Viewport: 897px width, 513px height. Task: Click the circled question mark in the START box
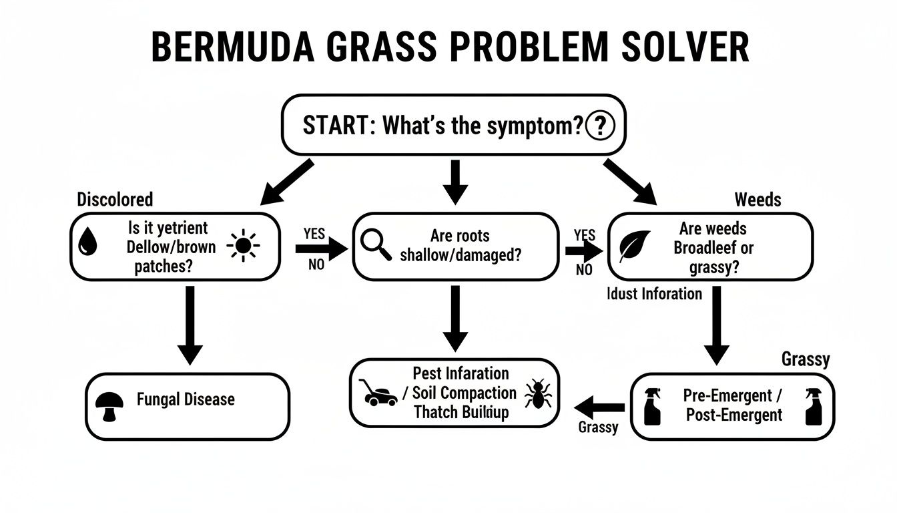click(599, 126)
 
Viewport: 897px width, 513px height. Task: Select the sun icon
click(242, 246)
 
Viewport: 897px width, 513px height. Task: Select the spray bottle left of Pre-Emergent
click(653, 405)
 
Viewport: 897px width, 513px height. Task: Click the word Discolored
click(115, 199)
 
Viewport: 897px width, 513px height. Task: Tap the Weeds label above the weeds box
click(758, 199)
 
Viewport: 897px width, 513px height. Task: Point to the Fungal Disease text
click(186, 399)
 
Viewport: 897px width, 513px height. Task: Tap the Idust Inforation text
click(655, 293)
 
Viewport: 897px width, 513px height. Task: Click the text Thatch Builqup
click(461, 411)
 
